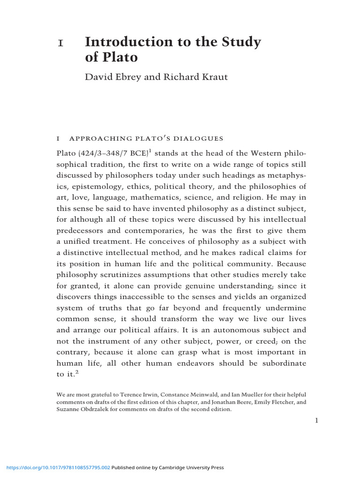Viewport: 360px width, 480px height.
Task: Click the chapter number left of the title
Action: point(60,43)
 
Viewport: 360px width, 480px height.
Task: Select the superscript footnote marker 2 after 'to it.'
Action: point(81,371)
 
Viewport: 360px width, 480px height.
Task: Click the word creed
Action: point(262,341)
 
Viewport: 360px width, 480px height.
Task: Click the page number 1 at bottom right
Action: point(316,421)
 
